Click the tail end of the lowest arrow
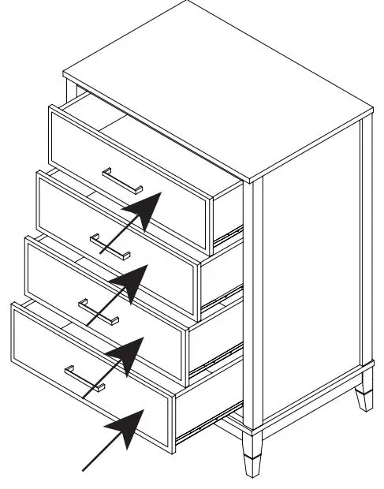click(x=85, y=471)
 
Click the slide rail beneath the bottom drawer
click(x=209, y=427)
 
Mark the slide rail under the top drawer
click(x=229, y=232)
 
